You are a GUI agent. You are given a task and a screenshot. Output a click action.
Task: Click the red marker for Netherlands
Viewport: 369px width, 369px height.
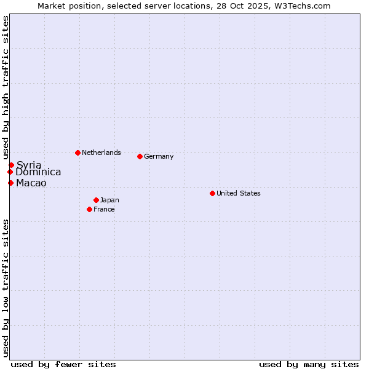point(77,153)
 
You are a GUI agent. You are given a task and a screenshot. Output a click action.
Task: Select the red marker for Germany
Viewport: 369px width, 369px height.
point(140,156)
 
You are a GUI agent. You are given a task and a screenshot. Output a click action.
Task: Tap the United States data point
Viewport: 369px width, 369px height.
point(212,193)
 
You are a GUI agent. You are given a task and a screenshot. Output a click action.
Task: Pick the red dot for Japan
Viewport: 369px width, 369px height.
point(96,200)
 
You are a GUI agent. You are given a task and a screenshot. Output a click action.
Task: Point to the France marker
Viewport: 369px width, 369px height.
point(89,209)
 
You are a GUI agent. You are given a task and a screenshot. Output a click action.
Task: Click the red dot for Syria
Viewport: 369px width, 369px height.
point(11,165)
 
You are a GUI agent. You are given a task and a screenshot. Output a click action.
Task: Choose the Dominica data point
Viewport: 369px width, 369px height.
point(10,172)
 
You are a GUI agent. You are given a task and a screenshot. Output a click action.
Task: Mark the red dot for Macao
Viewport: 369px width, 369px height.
point(10,183)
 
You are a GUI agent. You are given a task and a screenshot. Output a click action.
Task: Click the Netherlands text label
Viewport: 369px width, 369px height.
point(101,153)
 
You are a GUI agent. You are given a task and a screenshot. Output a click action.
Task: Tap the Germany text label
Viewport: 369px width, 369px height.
point(159,156)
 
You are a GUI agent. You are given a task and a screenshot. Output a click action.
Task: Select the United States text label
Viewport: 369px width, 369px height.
point(239,193)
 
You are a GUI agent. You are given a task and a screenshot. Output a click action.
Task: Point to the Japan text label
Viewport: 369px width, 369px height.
point(109,200)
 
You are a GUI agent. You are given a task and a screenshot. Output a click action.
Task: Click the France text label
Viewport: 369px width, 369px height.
point(104,209)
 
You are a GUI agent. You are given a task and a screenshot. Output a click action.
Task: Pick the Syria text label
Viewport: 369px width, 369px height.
point(29,165)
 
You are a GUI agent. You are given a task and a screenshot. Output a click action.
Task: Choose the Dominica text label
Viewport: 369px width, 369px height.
point(38,172)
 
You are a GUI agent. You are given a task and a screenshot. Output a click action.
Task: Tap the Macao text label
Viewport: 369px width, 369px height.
point(31,183)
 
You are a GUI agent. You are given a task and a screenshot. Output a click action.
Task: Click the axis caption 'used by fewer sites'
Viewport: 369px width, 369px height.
point(63,364)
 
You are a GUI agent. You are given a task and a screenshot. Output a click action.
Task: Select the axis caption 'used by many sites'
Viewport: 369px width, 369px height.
point(309,364)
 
